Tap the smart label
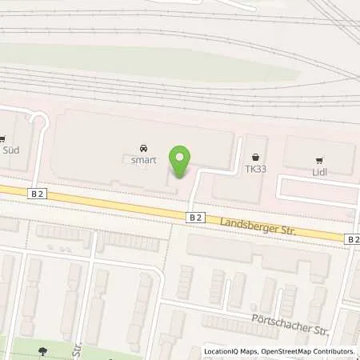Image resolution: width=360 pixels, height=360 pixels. point(144,160)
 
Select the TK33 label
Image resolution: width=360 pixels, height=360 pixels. point(255,170)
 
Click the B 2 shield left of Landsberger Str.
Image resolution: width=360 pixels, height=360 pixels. point(196,217)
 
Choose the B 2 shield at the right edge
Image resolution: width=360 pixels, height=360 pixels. point(353,238)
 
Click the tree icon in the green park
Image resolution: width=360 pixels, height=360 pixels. point(42,350)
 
